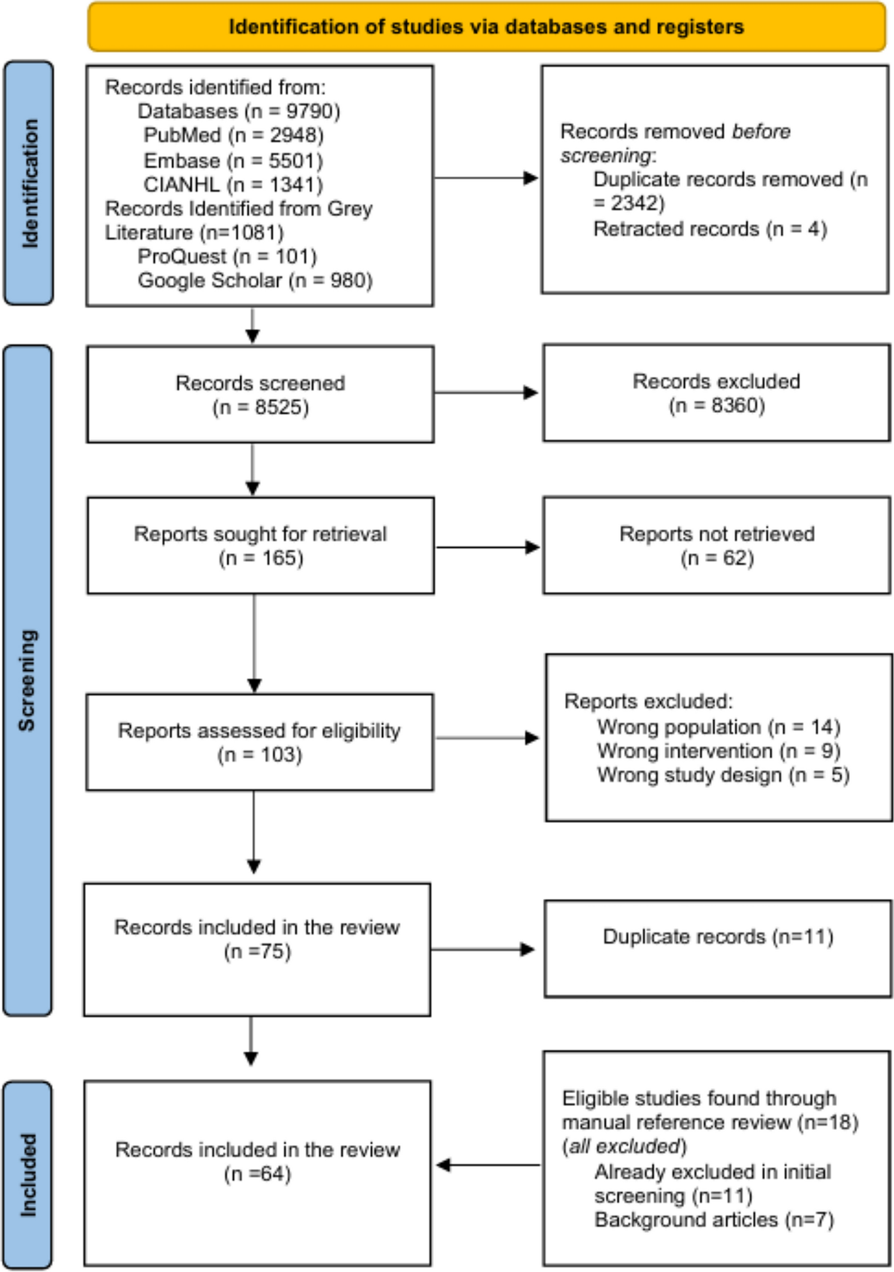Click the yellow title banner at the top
point(486,26)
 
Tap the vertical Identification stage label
point(29,183)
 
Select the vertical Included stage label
point(28,1174)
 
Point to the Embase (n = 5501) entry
point(233,160)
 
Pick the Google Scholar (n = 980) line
point(255,280)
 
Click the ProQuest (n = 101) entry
point(227,256)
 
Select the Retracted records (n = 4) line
point(709,229)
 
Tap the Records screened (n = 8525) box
point(260,394)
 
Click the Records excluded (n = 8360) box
point(716,392)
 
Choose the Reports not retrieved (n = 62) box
point(716,545)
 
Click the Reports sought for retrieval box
point(260,545)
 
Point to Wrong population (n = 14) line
point(718,727)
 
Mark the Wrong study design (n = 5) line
point(723,775)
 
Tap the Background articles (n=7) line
point(714,1220)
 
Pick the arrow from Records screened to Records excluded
point(486,392)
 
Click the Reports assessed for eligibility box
point(259,742)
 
